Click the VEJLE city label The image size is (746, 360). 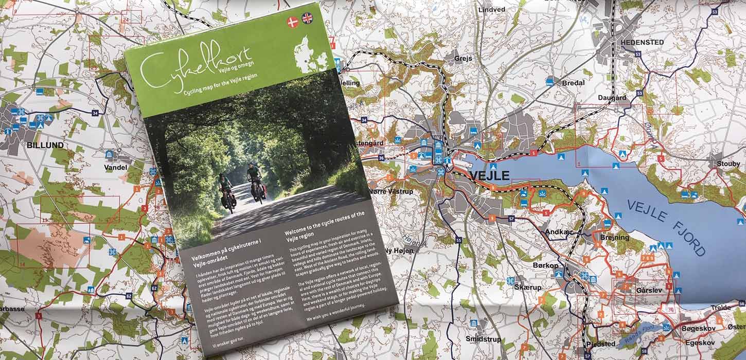pyautogui.click(x=489, y=175)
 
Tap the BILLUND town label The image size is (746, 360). pyautogui.click(x=45, y=145)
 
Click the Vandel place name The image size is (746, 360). pyautogui.click(x=115, y=167)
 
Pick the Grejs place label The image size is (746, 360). pyautogui.click(x=463, y=59)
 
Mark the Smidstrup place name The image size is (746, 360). pyautogui.click(x=483, y=339)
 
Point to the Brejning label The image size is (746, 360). pyautogui.click(x=614, y=237)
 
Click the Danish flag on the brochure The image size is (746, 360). pyautogui.click(x=293, y=22)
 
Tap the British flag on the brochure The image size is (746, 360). pyautogui.click(x=308, y=18)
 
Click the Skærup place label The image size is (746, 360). pyautogui.click(x=528, y=287)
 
